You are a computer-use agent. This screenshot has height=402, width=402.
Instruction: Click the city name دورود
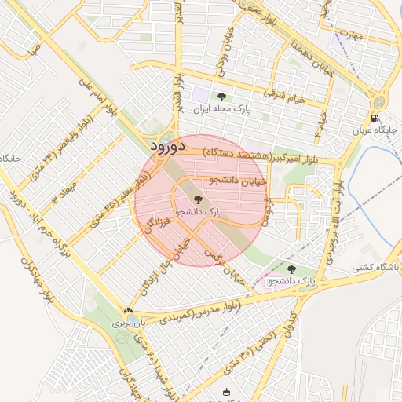click(x=166, y=146)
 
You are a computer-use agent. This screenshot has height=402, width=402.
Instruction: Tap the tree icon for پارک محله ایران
click(x=221, y=97)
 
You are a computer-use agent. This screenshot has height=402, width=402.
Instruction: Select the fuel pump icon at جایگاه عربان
click(x=375, y=119)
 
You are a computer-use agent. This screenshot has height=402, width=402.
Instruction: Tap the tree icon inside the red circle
click(x=197, y=199)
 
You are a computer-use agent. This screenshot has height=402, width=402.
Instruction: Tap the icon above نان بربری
click(x=128, y=311)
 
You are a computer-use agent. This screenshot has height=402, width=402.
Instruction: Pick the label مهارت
click(x=356, y=36)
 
